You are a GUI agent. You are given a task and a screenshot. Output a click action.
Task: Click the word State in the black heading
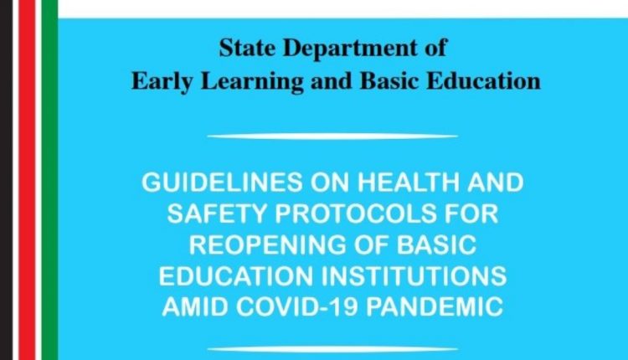click(x=243, y=48)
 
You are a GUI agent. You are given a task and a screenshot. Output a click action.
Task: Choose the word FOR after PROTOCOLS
click(x=471, y=215)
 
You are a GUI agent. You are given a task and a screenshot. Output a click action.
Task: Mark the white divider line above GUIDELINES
click(x=332, y=136)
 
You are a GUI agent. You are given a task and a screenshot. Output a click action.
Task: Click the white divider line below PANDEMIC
click(x=332, y=348)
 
